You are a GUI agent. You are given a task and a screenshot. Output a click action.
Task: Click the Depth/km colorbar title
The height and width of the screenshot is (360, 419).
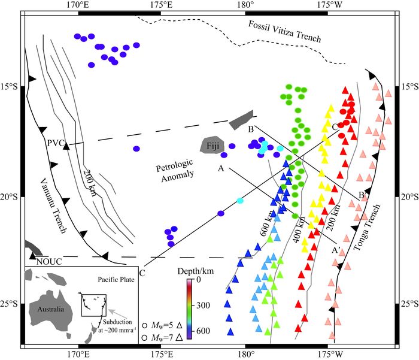pos(191,273)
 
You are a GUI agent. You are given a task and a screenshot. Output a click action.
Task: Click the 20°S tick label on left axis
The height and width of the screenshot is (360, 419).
pos(11,197)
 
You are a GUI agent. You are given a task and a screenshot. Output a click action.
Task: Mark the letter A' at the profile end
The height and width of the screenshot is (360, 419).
pos(338,247)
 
